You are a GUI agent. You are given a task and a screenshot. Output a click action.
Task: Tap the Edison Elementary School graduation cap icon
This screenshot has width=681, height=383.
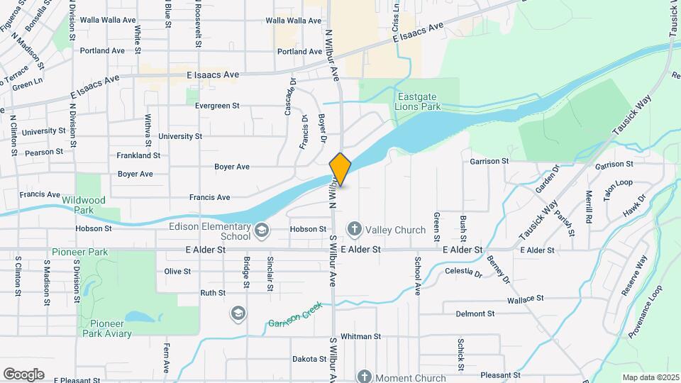[262, 229]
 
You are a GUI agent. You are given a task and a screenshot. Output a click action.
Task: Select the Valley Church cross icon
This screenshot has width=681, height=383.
[354, 229]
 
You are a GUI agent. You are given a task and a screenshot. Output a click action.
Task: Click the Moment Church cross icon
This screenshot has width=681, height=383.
[364, 377]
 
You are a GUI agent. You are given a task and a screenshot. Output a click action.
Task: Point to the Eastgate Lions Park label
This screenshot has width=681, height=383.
[419, 101]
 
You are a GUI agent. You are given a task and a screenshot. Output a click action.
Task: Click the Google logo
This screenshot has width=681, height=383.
[23, 374]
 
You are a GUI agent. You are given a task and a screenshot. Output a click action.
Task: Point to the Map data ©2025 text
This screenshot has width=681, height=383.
[649, 377]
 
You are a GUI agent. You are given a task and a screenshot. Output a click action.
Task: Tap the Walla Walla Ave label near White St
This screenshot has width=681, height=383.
[108, 21]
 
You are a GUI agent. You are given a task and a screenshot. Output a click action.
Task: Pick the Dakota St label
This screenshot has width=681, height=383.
[309, 359]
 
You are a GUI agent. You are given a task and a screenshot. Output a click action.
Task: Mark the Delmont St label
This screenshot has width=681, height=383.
[475, 313]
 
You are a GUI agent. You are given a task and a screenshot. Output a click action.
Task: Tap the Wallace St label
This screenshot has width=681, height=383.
[525, 300]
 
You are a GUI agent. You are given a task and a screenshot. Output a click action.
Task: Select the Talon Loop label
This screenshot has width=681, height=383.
[618, 182]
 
